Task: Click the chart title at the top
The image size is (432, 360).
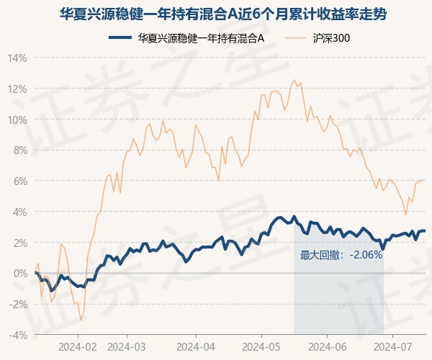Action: [x=216, y=13]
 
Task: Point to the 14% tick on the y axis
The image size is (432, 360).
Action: [x=18, y=58]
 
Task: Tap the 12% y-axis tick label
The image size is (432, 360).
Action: [x=18, y=89]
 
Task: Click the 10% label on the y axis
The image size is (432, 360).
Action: [x=18, y=120]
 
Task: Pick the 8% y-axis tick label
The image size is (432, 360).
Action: [x=20, y=150]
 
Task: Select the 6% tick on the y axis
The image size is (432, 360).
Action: [x=20, y=181]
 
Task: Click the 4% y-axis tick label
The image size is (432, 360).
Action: [x=20, y=212]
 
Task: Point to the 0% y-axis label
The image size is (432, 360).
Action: [x=20, y=274]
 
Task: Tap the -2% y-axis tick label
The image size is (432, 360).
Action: [x=18, y=305]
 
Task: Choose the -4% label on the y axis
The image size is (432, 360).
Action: [x=18, y=336]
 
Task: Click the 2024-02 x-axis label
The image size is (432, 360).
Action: [x=78, y=346]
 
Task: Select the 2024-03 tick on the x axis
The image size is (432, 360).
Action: [x=127, y=346]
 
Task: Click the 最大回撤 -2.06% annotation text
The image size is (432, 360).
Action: [x=341, y=255]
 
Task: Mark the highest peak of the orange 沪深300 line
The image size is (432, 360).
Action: [x=294, y=80]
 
